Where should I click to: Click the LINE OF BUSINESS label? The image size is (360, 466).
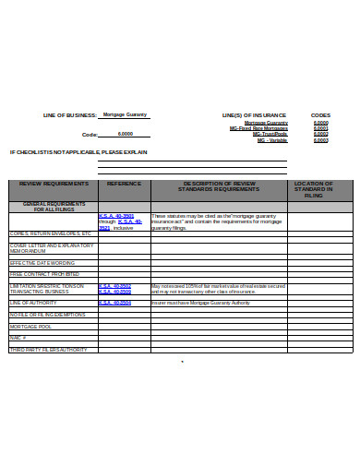[70, 115]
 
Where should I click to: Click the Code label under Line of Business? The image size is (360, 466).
[90, 134]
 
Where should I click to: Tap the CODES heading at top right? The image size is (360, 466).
[320, 115]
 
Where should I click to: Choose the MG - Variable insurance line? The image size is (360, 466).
[272, 139]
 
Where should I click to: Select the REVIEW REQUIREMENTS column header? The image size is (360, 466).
[53, 184]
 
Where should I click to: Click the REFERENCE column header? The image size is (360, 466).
[124, 184]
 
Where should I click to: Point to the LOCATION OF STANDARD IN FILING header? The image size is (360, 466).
[313, 189]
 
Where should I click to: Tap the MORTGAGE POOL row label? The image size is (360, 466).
[31, 327]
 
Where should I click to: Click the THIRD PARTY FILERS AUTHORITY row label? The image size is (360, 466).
[48, 349]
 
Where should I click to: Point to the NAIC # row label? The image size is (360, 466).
[18, 338]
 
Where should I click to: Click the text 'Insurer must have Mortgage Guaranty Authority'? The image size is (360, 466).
[200, 302]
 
